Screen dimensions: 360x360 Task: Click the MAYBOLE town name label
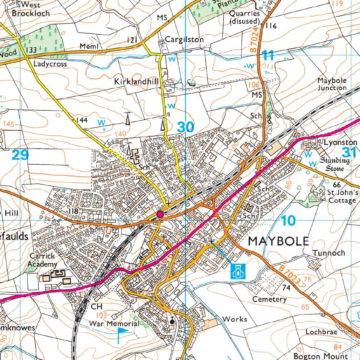[279, 241]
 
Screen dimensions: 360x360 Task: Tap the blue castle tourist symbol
[237, 271]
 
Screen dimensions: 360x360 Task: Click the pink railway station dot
[160, 214]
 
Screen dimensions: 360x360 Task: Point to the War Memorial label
[114, 323]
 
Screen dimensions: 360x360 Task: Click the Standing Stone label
[335, 164]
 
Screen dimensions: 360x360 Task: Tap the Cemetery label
[270, 299]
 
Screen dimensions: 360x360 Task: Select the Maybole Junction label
[332, 84]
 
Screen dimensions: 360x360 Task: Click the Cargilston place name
[184, 39]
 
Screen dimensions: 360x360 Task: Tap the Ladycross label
[50, 64]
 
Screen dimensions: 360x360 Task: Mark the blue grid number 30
[185, 127]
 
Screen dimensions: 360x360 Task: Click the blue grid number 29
[20, 155]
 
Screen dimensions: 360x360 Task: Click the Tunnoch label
[329, 253]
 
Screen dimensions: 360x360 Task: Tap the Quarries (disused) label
[245, 17]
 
